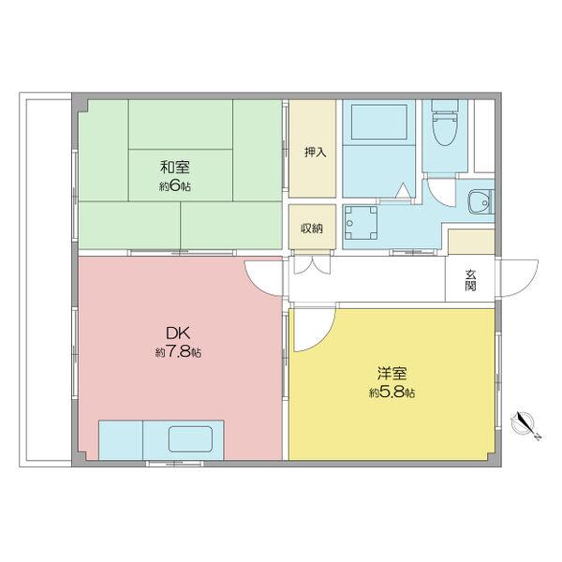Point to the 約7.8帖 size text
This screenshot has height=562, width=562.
pos(179,353)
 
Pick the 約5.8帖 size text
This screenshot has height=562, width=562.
pos(392,392)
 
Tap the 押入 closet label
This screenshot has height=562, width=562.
pos(316,152)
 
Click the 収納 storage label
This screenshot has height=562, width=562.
pos(312,228)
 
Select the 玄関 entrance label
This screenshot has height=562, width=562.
pos(470,279)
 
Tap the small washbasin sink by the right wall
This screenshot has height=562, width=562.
pos(481,201)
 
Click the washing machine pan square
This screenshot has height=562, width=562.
pos(360,223)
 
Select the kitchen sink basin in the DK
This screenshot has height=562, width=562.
pos(190,438)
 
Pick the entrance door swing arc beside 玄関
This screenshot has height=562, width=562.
pos(513,277)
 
